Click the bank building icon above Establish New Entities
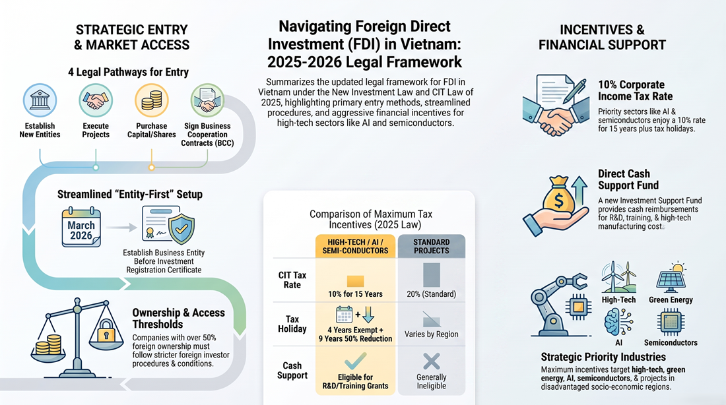point(40,100)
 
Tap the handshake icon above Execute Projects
point(96,100)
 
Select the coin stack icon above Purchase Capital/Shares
point(151,100)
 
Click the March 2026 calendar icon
point(81,228)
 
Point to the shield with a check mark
point(181,228)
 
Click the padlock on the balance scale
point(106,330)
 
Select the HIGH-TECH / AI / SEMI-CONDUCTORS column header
point(355,246)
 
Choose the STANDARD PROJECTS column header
point(431,246)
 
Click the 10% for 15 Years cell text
point(355,294)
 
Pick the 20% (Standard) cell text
point(431,294)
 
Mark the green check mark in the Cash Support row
point(355,361)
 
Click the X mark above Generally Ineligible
point(431,361)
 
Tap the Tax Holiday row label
point(292,324)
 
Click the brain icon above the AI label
point(618,322)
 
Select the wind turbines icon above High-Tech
point(618,277)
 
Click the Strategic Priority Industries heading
point(603,357)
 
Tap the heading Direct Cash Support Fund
point(628,179)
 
